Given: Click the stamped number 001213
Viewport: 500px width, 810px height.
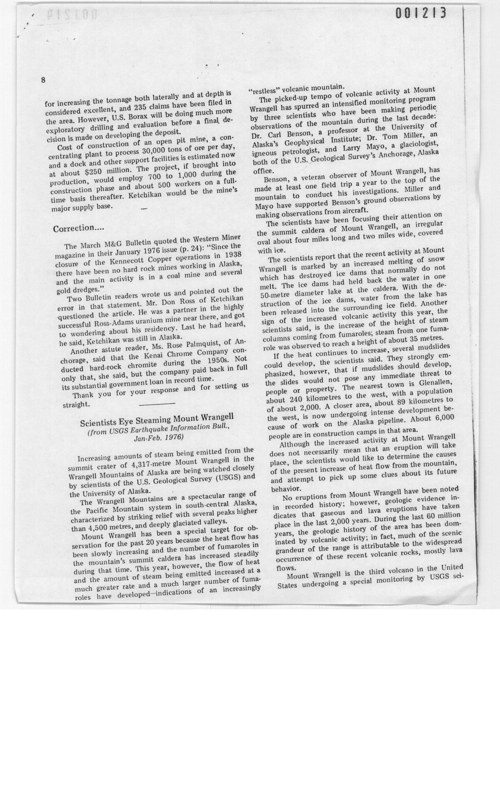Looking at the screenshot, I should (x=421, y=13).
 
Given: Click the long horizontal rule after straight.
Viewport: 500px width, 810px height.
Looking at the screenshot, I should (x=157, y=404).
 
